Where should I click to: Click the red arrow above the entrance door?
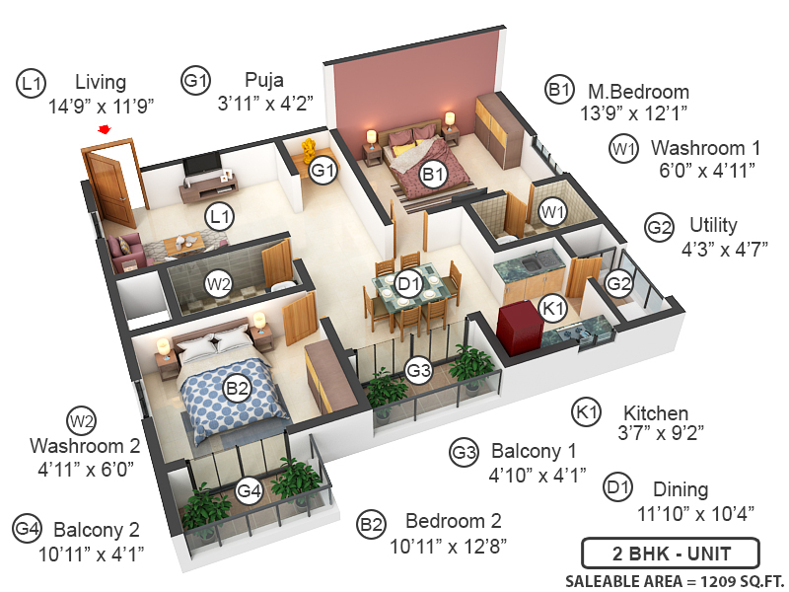(104, 129)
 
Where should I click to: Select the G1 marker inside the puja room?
(323, 171)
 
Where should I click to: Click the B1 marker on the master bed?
(432, 175)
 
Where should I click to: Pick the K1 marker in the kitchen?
(554, 310)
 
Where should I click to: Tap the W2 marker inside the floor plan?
(219, 284)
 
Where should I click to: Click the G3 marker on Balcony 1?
(419, 371)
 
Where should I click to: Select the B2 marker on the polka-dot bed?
(238, 389)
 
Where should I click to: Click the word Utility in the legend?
(713, 226)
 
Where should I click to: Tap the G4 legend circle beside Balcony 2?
(28, 529)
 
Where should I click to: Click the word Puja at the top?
(266, 80)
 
